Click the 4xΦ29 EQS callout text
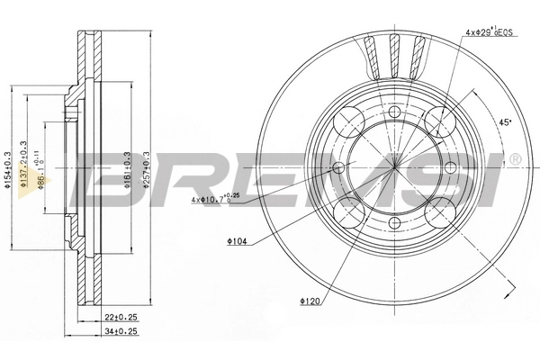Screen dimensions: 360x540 coord(490,31)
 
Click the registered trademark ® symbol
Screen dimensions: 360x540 coord(514,160)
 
